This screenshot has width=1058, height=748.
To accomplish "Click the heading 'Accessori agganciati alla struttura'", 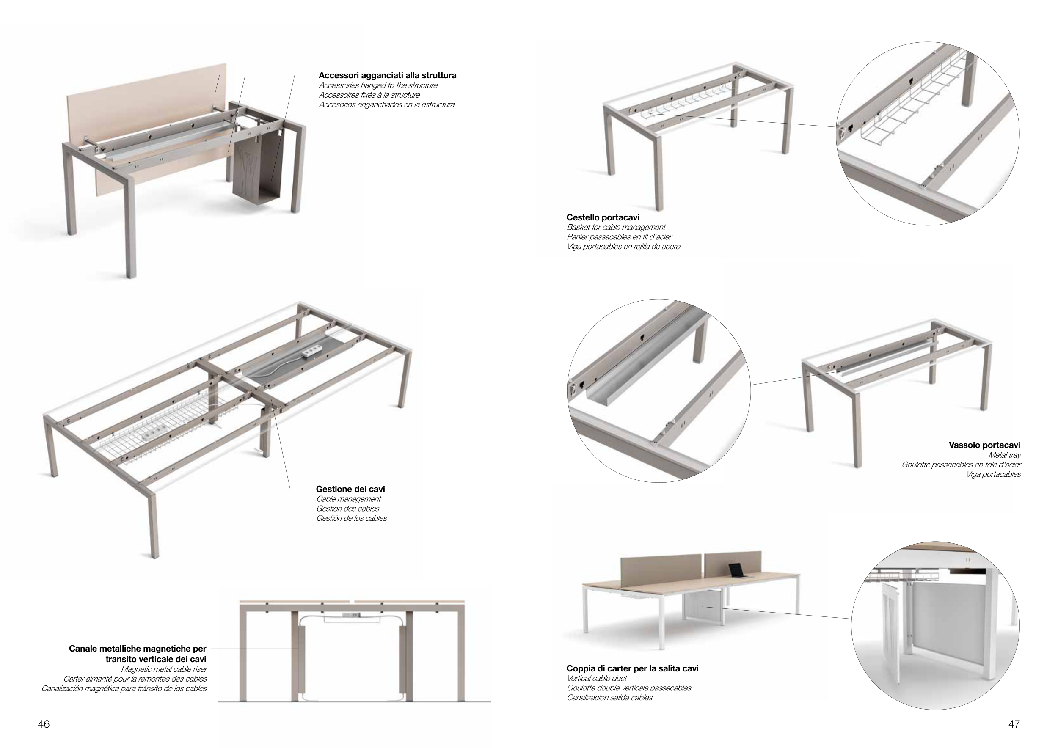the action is coord(388,75).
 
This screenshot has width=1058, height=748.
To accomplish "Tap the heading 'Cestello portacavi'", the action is coord(603,217).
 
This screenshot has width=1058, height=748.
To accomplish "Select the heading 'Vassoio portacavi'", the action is coord(984,445).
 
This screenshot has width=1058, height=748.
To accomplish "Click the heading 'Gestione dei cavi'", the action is coord(350,489).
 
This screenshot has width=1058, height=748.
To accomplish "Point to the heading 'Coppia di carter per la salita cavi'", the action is coord(632,668).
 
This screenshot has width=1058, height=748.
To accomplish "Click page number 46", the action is coord(43,724).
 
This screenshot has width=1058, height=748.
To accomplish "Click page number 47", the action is coord(1014,724).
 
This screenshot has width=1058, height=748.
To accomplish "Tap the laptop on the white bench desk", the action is coord(736,571).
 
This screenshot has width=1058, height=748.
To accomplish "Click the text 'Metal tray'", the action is coord(1005,455).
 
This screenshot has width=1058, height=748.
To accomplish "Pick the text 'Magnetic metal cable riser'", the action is coord(164,669).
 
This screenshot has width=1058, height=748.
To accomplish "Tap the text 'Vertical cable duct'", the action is coord(597,678).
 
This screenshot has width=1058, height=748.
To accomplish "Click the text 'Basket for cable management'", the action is coord(616,227).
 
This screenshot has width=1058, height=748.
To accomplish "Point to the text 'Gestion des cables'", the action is coord(347,509).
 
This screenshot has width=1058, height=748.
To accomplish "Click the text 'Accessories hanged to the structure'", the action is coord(378,85).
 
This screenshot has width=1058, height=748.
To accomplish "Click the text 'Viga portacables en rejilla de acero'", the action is coord(623,246).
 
